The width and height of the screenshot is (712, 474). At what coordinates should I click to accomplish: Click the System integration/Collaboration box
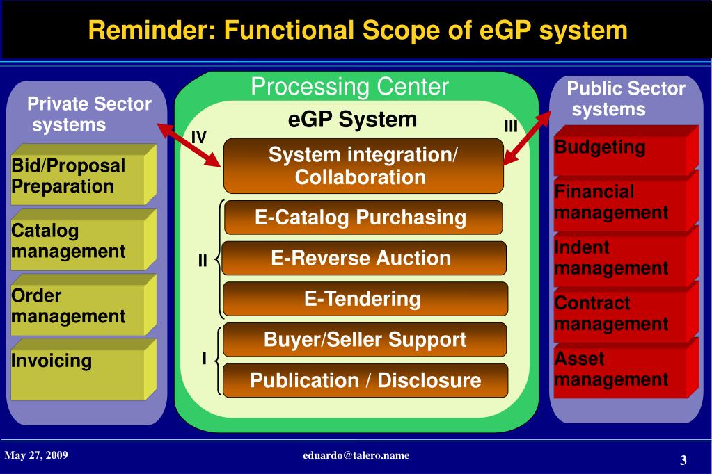[x=363, y=165]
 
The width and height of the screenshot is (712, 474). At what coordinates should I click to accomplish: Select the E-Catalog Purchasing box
[x=363, y=218]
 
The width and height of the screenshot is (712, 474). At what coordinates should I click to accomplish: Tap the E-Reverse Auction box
[x=363, y=259]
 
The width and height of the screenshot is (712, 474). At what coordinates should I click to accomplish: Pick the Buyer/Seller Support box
[x=365, y=340]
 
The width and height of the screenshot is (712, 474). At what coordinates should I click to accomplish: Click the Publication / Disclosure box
[x=365, y=380]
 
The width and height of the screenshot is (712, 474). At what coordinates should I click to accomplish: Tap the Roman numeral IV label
[x=199, y=137]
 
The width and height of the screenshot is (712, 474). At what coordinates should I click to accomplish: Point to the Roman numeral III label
[x=511, y=126]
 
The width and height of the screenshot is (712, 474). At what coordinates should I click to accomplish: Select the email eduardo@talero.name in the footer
[x=356, y=456]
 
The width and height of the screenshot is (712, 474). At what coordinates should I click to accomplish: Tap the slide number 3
[x=683, y=460]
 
